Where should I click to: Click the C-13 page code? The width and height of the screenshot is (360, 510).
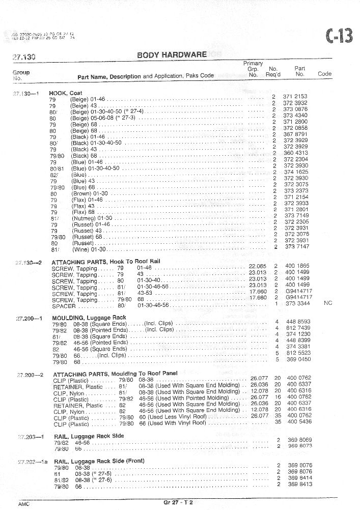pyautogui.click(x=339, y=37)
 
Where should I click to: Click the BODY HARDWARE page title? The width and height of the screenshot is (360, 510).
pyautogui.click(x=172, y=55)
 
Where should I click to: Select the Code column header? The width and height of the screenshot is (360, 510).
pyautogui.click(x=324, y=74)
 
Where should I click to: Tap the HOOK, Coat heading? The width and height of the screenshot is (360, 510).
pyautogui.click(x=66, y=94)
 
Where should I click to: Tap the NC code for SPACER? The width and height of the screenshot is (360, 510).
pyautogui.click(x=327, y=303)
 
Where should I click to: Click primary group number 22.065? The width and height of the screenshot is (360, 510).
pyautogui.click(x=257, y=266)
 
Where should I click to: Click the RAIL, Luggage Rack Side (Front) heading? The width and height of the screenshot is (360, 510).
pyautogui.click(x=99, y=461)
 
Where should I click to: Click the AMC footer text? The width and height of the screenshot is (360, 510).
pyautogui.click(x=24, y=503)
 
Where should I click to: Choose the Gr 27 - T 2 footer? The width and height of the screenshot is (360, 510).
pyautogui.click(x=178, y=503)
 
